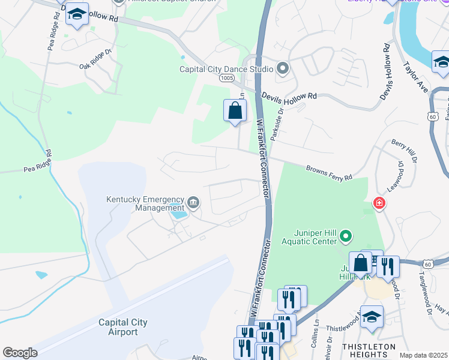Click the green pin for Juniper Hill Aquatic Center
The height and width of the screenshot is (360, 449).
tap(345, 237)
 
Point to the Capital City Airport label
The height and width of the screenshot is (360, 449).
tap(122, 327)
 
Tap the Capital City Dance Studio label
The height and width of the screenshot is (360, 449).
tap(226, 69)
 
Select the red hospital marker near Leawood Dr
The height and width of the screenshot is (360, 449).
tap(379, 204)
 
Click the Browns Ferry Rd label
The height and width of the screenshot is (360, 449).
tap(328, 173)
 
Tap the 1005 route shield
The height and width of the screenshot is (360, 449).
tap(226, 79)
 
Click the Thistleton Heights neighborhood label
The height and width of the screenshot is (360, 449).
tap(369, 351)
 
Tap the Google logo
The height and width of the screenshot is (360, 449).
tap(20, 353)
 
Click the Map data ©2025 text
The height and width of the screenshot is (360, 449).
tap(423, 355)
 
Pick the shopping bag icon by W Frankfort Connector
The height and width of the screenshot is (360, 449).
tap(235, 111)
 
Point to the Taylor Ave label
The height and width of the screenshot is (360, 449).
tap(415, 76)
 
